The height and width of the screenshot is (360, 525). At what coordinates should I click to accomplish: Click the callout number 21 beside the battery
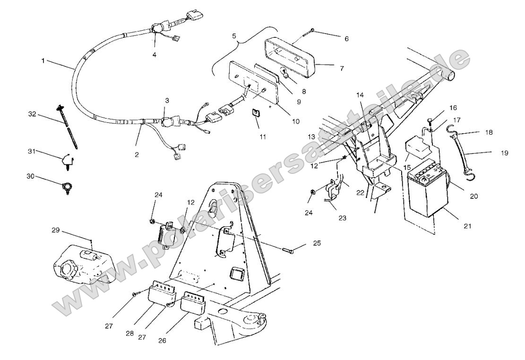[467, 226]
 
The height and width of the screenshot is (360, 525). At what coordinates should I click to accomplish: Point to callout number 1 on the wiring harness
[43, 61]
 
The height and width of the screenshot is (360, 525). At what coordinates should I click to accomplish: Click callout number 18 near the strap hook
[489, 133]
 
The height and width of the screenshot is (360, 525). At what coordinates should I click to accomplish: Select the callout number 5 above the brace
[234, 35]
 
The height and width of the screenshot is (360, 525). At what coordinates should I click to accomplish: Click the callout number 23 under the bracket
[342, 205]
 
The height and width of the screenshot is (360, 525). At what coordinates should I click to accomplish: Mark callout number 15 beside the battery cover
[407, 168]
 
